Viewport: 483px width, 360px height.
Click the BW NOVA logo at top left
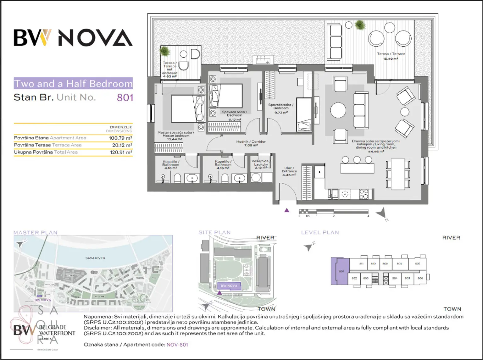73,38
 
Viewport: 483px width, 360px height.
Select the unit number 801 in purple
125,97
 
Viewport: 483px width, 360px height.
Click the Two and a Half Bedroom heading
73,84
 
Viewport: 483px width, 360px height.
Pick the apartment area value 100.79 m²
120,138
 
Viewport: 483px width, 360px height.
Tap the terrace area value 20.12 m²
122,145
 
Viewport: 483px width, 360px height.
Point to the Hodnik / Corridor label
251,143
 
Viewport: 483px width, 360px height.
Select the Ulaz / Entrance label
289,171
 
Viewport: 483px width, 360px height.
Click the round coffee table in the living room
338,110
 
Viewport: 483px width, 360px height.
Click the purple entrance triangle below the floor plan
286,210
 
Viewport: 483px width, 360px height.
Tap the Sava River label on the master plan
95,258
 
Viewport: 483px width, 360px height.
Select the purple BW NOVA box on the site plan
229,286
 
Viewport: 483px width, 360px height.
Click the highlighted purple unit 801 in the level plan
340,271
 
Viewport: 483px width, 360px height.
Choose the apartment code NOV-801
177,345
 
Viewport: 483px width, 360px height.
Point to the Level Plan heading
320,233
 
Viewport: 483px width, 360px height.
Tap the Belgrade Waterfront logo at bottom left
44,330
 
